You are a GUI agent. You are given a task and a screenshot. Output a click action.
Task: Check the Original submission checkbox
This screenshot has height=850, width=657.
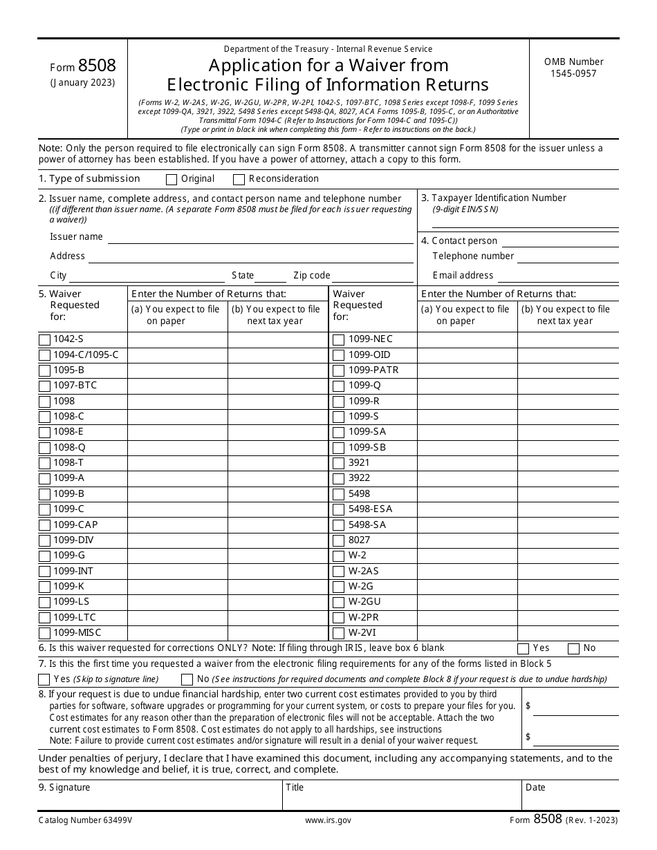(172, 180)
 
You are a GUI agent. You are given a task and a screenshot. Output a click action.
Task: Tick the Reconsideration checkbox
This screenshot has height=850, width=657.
(239, 180)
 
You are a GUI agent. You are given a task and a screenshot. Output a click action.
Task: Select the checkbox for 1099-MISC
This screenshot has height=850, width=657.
(45, 633)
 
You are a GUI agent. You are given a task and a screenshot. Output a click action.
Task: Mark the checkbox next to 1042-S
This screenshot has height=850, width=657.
(45, 340)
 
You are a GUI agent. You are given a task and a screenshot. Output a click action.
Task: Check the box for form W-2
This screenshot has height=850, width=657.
(338, 556)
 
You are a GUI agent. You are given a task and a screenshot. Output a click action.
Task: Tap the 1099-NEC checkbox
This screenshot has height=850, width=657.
(338, 340)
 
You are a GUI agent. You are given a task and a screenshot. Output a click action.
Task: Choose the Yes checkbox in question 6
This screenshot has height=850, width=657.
(524, 648)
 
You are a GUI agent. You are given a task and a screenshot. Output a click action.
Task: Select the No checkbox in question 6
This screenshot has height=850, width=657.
(573, 648)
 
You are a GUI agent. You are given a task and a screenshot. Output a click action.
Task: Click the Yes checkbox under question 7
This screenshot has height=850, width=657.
(44, 679)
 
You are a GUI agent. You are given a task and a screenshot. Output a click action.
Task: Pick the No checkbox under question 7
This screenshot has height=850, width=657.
(187, 679)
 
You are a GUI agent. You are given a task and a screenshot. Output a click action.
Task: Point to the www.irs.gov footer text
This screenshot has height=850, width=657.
(328, 820)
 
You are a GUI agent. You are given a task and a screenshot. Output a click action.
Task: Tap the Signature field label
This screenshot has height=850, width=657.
(64, 788)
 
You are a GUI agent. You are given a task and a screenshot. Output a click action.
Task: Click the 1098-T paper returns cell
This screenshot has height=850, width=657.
(177, 463)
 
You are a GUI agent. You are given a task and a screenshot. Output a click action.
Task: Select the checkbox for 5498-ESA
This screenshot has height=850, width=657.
(338, 510)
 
